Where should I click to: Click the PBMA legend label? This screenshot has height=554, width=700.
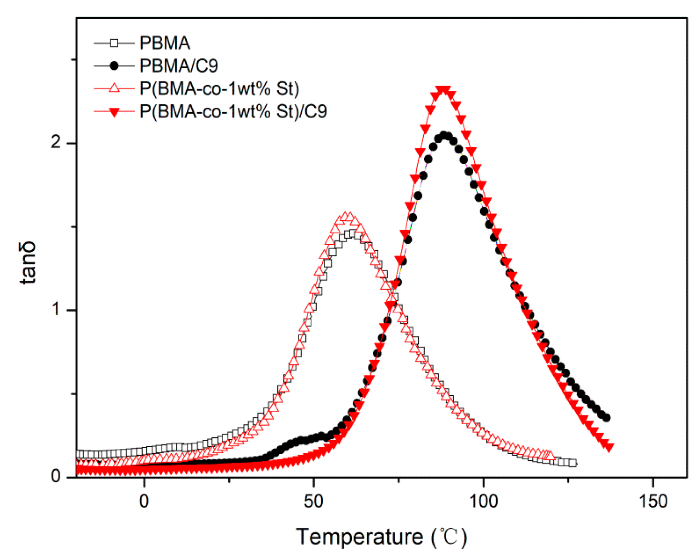[x=165, y=43]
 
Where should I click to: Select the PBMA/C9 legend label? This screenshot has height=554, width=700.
[x=179, y=66]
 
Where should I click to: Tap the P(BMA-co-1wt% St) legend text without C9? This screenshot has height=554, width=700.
[x=219, y=89]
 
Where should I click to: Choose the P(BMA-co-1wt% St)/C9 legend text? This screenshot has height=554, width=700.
[x=233, y=111]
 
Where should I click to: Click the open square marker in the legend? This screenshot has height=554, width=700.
[x=115, y=43]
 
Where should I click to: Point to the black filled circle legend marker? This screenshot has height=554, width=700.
[x=115, y=66]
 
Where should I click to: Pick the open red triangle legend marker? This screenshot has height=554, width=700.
[x=115, y=88]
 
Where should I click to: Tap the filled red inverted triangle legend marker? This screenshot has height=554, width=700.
[x=115, y=112]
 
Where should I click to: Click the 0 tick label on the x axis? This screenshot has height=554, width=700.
[x=144, y=501]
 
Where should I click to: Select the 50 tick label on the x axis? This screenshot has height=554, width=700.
[x=314, y=501]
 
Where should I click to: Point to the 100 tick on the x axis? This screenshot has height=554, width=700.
[x=483, y=501]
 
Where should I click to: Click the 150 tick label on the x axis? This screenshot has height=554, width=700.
[x=653, y=501]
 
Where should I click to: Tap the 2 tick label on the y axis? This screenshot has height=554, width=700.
[x=56, y=143]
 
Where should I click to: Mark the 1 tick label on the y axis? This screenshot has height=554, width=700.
[x=56, y=310]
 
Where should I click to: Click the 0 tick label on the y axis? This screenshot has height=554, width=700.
[x=56, y=476]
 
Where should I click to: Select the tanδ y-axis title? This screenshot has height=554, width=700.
[x=28, y=262]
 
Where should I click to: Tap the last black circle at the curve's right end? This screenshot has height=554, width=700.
[x=606, y=418]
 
